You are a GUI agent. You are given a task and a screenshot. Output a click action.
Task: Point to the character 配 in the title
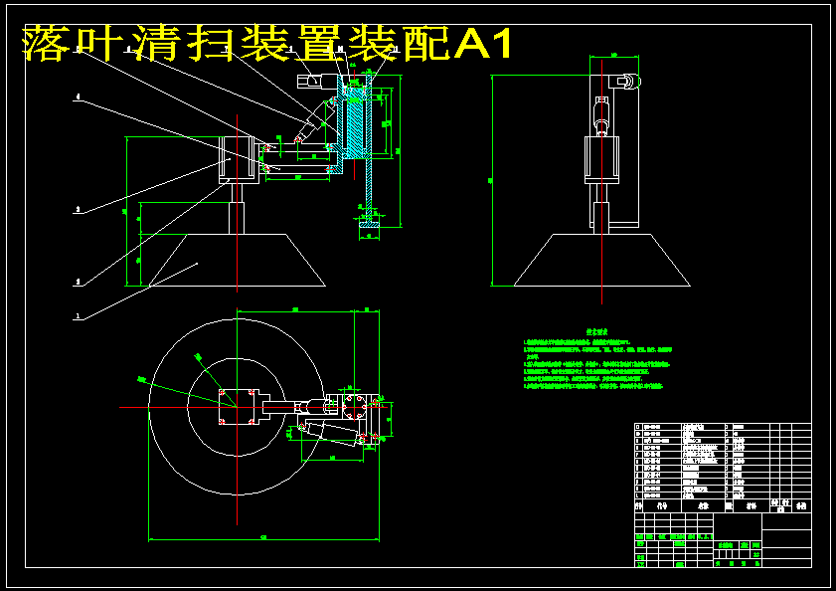pyautogui.click(x=421, y=44)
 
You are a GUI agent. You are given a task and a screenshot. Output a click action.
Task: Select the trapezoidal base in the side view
pyautogui.click(x=600, y=261)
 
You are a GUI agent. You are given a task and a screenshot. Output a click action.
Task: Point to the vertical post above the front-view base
pyautogui.click(x=238, y=210)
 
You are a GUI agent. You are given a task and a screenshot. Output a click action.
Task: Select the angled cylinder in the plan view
pyautogui.click(x=328, y=433)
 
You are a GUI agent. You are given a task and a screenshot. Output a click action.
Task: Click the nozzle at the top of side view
pyautogui.click(x=625, y=82)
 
